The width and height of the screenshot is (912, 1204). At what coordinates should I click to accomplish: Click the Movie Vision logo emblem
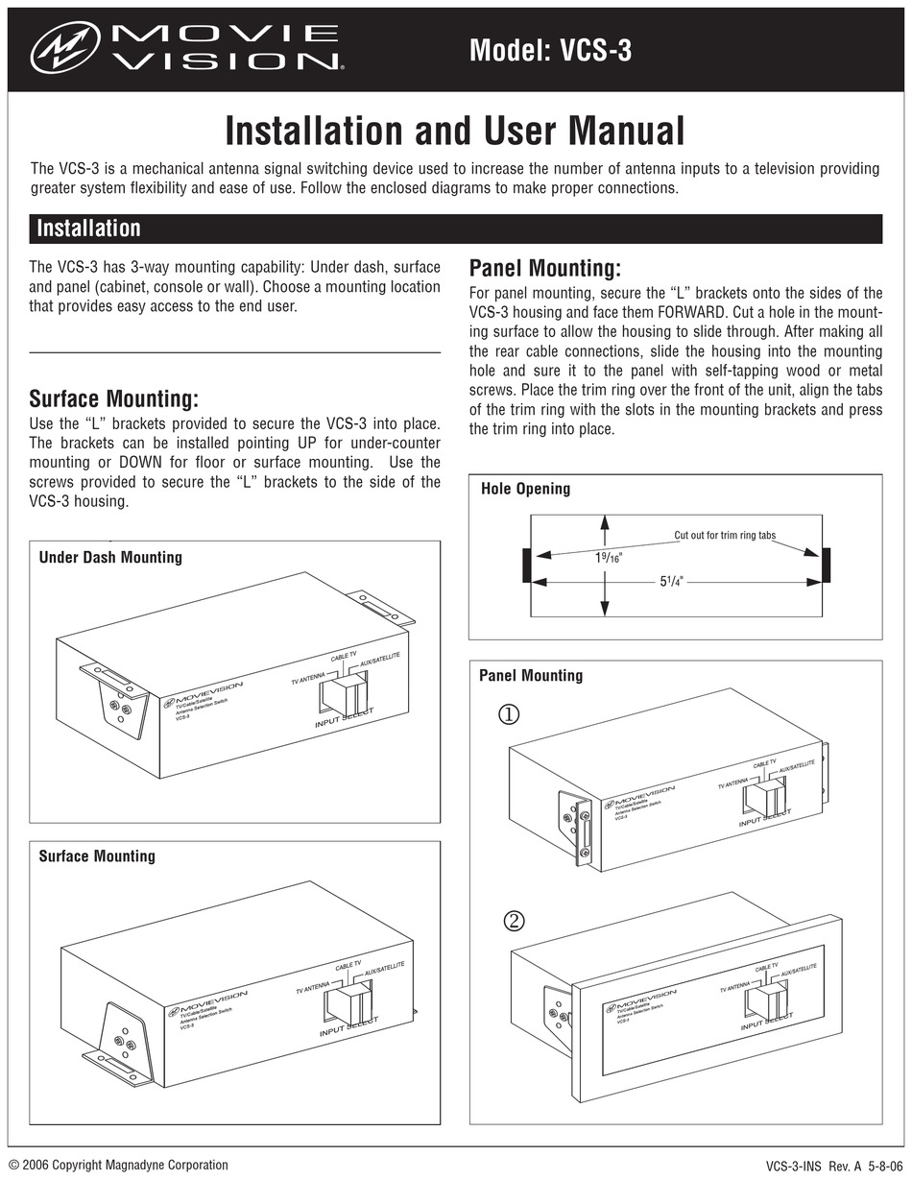[65, 47]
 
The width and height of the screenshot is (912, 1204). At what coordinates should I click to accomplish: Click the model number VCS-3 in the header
[550, 49]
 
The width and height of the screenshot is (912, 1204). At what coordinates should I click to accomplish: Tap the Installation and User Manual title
[454, 131]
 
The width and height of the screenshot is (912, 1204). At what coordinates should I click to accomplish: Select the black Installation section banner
[455, 229]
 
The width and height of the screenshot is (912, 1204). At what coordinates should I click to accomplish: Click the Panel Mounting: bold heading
[544, 268]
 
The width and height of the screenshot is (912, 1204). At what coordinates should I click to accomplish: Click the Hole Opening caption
[525, 489]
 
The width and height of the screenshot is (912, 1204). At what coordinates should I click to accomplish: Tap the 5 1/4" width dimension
[670, 581]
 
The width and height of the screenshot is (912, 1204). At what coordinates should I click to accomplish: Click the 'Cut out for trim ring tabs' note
[725, 535]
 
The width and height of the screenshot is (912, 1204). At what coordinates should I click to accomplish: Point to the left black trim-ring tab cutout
[525, 566]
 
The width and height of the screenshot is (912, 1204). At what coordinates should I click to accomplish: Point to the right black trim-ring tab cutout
[826, 566]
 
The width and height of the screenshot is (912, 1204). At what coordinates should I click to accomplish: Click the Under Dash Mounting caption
[110, 557]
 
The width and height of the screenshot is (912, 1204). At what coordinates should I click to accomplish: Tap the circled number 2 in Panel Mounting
[515, 921]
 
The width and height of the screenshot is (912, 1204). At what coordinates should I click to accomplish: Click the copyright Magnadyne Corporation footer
[118, 1166]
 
